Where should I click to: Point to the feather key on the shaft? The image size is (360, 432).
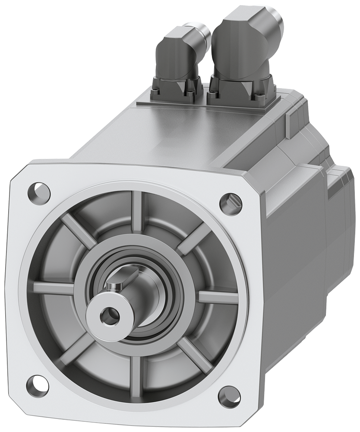pyautogui.click(x=114, y=286)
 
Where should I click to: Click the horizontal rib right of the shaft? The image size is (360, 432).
pyautogui.click(x=218, y=297)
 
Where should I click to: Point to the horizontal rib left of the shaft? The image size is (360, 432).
pyautogui.click(x=52, y=286)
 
